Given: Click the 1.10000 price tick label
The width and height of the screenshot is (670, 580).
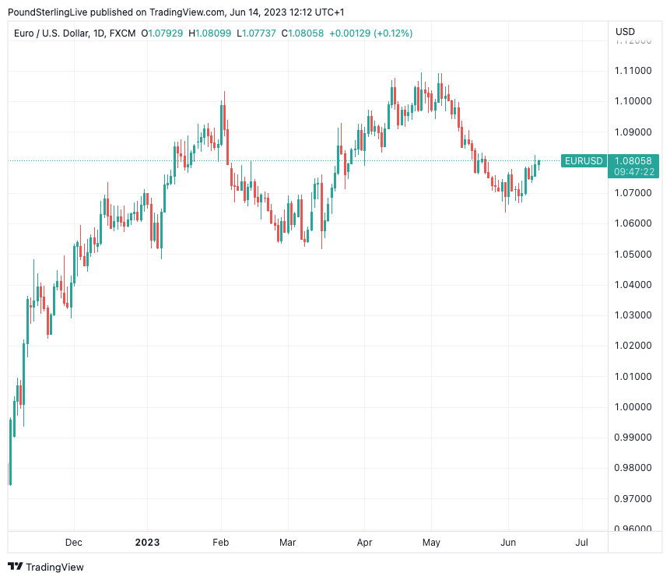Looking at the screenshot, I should click(x=633, y=101).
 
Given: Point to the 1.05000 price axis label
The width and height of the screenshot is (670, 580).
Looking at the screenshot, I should click(x=633, y=254).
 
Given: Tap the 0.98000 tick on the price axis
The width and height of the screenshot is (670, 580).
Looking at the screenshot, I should click(x=633, y=468).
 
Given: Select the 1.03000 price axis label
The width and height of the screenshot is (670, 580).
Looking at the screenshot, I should click(x=633, y=315).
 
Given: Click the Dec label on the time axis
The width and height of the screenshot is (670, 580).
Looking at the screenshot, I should click(x=74, y=542).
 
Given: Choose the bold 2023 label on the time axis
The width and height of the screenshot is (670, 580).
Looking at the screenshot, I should click(x=147, y=542).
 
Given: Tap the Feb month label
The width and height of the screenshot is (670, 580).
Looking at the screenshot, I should click(x=221, y=542).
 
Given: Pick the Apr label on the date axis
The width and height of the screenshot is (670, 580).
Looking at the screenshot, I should click(x=363, y=542).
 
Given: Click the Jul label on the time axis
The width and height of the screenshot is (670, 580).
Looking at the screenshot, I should click(x=581, y=542).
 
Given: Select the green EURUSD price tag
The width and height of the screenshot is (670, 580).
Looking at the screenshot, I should click(x=584, y=161).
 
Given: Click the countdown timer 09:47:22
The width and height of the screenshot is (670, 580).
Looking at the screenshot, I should click(x=633, y=171).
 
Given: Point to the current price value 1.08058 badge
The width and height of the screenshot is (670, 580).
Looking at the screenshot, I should click(x=633, y=161).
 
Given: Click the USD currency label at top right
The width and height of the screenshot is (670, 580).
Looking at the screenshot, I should click(x=625, y=32).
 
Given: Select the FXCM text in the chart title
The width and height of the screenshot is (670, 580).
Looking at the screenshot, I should click(x=123, y=33).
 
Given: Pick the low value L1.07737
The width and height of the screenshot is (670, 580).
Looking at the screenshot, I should click(x=256, y=33).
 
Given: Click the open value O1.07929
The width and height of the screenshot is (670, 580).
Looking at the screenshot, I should click(x=162, y=33).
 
